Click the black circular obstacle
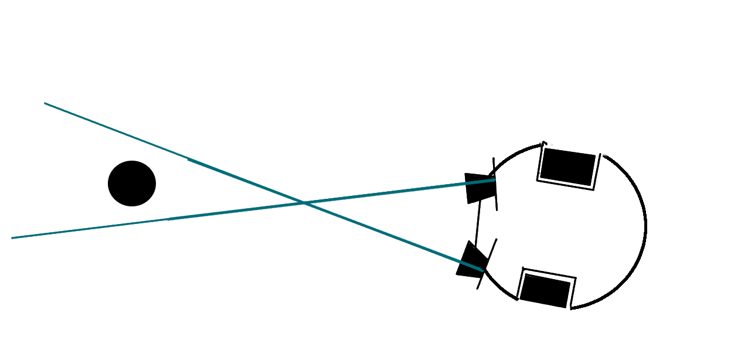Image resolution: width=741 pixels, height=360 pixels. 132,184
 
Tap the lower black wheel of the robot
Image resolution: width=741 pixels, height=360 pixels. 545,290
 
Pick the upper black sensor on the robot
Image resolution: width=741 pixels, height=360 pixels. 479,188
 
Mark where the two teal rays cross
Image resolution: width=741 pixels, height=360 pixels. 304,203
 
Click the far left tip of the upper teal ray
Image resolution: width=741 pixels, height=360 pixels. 45,103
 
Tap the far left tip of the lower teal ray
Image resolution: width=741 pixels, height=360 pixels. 12,238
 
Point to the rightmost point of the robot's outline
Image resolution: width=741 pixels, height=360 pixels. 645,226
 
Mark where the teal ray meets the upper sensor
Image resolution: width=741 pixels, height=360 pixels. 494,181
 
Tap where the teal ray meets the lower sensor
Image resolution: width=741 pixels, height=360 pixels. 482,270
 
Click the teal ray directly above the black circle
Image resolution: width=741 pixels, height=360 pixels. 132,137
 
